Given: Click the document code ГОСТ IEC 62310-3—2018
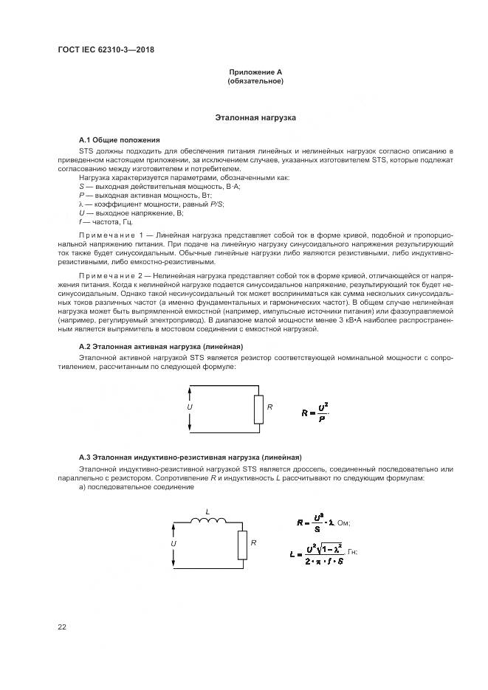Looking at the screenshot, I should click(x=105, y=50).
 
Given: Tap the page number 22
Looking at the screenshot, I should click(x=62, y=627).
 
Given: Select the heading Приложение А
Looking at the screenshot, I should click(x=255, y=72).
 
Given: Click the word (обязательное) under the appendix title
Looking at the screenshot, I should click(x=255, y=81).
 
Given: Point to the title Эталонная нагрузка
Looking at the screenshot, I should click(x=255, y=117).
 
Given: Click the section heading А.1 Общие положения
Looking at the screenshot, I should click(x=119, y=139).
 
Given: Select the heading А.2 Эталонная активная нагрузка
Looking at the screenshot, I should click(x=160, y=346).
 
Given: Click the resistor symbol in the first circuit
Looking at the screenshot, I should click(x=258, y=409).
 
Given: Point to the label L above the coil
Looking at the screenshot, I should click(x=207, y=510).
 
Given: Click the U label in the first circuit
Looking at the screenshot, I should click(x=190, y=407).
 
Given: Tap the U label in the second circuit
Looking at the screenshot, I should click(x=173, y=543).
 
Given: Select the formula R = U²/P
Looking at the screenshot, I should click(x=316, y=411).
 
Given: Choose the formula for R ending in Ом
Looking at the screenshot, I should click(x=323, y=522).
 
